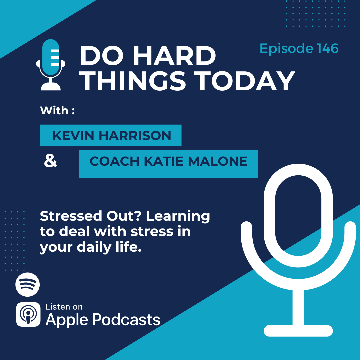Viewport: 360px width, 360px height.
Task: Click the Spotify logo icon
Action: point(28,284)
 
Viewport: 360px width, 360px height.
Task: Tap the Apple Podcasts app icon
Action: point(28,314)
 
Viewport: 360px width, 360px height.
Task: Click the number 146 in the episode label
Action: point(328,48)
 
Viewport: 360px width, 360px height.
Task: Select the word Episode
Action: point(287,49)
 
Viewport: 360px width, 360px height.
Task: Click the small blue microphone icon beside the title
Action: point(51,65)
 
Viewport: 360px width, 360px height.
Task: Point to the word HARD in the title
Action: point(174,56)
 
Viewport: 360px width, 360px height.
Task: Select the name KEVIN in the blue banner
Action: point(73,135)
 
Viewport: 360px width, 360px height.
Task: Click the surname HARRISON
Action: point(135,135)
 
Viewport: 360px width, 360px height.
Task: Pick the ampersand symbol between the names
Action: point(50,161)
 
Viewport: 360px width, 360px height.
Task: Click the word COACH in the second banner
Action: point(114,161)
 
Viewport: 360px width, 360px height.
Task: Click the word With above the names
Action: point(54,110)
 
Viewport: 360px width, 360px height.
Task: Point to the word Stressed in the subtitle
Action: point(71,216)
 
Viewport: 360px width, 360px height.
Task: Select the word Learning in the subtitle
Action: point(178,217)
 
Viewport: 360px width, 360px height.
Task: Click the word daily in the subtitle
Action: point(94,247)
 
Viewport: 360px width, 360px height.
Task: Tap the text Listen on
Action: point(64,307)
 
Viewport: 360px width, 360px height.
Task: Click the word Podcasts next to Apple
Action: point(126,320)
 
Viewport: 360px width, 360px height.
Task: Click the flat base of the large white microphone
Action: point(298,331)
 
